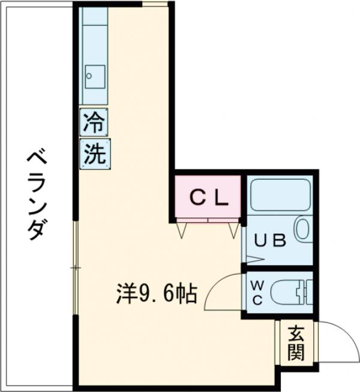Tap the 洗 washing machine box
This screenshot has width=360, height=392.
click(x=94, y=153)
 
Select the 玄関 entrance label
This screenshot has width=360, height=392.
click(x=295, y=342)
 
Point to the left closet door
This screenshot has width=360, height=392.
click(x=182, y=228)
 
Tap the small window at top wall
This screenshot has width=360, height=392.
click(x=155, y=4)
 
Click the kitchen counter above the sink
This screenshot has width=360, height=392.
click(x=95, y=36)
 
